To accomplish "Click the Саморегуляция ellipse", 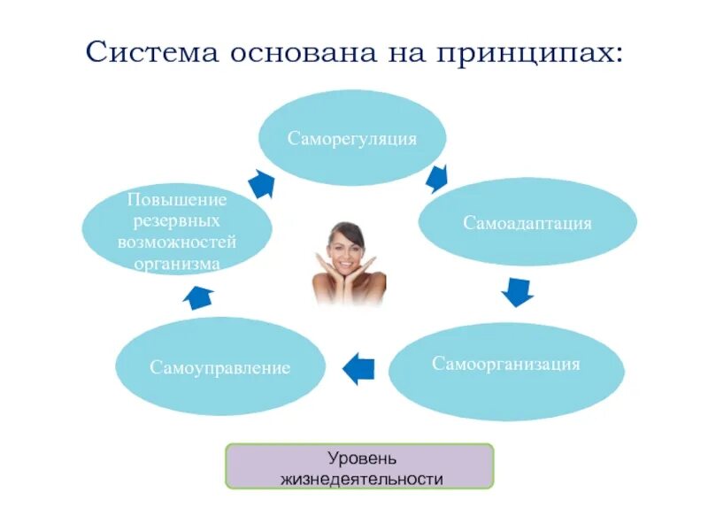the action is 352,138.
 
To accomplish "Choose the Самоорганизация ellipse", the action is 506,365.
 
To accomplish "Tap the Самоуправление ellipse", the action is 219,367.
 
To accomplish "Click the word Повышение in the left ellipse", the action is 177,199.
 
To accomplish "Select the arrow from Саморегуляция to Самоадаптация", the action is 437,178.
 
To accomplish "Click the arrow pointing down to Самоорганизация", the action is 517,291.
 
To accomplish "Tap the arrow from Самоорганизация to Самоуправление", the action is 358,367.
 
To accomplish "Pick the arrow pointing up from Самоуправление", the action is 199,297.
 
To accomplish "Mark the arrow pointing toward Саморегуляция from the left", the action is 261,183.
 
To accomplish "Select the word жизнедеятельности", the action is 360,479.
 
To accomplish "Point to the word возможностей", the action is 177,242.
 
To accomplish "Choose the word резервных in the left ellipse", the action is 177,220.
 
